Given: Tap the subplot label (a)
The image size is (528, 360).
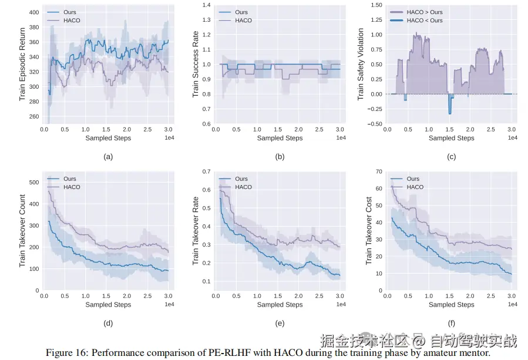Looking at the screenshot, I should [x=107, y=157].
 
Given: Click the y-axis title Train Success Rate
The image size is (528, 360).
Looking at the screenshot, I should [x=196, y=64].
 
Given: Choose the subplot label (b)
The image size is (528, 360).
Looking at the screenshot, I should [x=280, y=157].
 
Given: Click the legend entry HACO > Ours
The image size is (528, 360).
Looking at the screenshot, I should [x=423, y=12].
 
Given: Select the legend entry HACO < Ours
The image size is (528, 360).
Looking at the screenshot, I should [x=423, y=21].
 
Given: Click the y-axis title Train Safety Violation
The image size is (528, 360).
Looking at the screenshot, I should [x=361, y=64].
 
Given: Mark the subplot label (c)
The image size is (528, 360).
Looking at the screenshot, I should [x=451, y=157].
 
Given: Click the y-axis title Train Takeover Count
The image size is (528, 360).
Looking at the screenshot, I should [x=22, y=231].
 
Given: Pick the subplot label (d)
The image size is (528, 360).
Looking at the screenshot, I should [x=107, y=323].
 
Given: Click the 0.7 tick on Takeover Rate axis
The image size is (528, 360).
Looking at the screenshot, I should [x=207, y=171].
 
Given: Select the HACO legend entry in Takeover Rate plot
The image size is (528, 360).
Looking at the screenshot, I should [x=243, y=187].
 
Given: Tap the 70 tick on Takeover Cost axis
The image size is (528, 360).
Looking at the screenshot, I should [x=378, y=171].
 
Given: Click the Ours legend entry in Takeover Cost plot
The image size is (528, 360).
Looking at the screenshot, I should [x=413, y=179].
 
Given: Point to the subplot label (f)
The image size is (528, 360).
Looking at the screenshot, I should [x=451, y=323].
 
